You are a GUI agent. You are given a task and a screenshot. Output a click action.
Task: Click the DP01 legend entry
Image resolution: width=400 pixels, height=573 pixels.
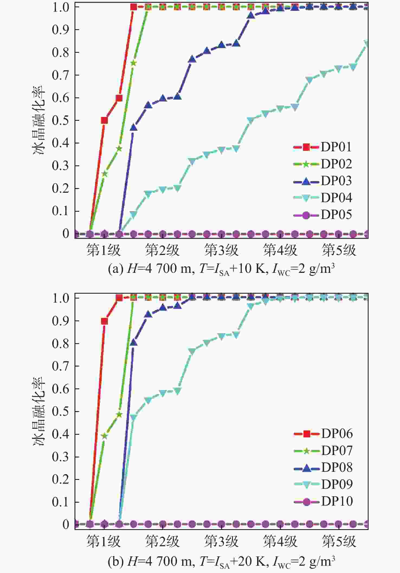(x=322, y=147)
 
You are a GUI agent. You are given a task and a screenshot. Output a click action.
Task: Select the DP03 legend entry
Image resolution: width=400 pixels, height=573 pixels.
(x=322, y=181)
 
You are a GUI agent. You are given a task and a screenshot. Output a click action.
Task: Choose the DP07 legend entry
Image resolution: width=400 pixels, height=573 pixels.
(x=323, y=451)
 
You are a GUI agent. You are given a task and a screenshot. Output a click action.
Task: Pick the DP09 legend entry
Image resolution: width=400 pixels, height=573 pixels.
(x=323, y=485)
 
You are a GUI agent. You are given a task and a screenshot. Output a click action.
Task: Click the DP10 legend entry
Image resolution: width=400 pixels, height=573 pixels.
(x=323, y=502)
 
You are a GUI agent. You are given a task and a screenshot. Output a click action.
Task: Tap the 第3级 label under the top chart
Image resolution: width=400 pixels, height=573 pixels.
(x=221, y=250)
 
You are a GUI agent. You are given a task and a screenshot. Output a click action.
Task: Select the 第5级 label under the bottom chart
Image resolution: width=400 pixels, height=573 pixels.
(x=339, y=541)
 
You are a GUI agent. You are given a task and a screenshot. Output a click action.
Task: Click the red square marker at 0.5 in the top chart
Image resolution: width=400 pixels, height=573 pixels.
(x=104, y=120)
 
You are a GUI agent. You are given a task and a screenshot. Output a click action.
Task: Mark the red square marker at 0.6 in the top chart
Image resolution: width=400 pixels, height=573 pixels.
(x=119, y=98)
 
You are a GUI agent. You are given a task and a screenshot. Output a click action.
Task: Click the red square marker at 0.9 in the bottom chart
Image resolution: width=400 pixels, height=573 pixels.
(x=104, y=321)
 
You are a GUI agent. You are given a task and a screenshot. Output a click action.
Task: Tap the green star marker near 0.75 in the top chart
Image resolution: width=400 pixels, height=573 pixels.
(x=134, y=63)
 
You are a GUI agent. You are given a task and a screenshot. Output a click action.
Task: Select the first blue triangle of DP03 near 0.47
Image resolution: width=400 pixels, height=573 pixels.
(x=134, y=127)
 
